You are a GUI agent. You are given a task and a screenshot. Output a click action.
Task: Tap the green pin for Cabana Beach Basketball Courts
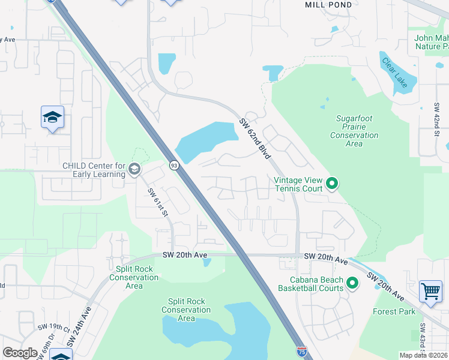352,282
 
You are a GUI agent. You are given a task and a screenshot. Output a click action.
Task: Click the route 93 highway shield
174,164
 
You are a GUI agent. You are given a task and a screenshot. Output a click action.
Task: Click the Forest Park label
394,311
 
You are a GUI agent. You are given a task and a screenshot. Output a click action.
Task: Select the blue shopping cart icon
430,292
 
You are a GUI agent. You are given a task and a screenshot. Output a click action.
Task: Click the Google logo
20,353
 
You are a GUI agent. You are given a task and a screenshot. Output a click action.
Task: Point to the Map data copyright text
423,355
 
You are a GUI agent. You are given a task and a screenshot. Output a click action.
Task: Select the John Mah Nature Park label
431,42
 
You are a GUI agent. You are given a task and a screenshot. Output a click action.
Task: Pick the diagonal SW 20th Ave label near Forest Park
386,287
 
